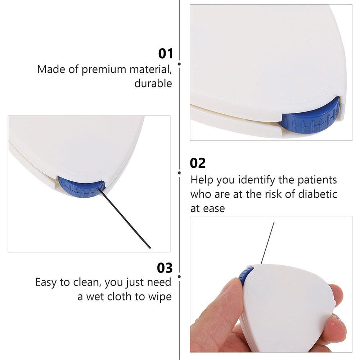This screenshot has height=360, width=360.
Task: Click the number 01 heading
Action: click(x=165, y=54)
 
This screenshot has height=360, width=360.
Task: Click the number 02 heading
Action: click(x=197, y=163)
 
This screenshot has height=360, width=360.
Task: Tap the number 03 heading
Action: click(x=165, y=268)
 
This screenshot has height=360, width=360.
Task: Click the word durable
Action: click(x=153, y=83)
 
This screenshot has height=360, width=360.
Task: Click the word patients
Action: click(x=317, y=180)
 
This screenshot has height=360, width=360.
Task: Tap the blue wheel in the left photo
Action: click(x=82, y=187)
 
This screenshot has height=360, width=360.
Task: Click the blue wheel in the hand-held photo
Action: click(x=245, y=276)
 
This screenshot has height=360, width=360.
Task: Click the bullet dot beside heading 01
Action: click(x=179, y=64)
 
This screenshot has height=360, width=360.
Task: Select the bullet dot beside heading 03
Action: click(x=179, y=276)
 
